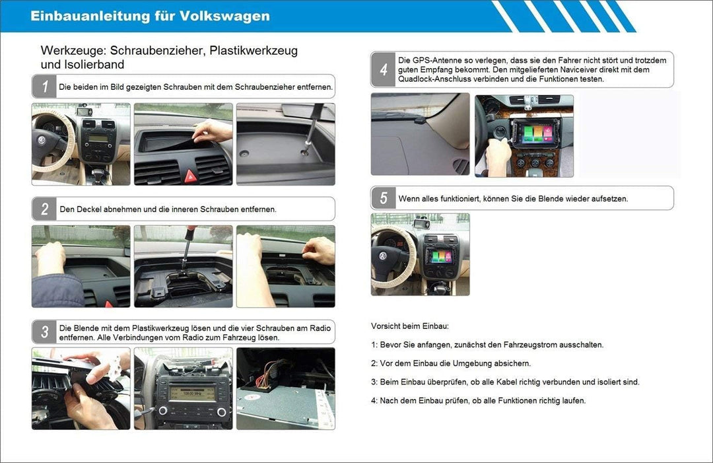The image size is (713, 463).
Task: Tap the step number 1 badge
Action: pyautogui.click(x=44, y=87)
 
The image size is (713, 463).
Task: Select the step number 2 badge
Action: pyautogui.click(x=44, y=209)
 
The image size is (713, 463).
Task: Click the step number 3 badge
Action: pyautogui.click(x=44, y=332)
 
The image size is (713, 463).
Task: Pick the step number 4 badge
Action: pyautogui.click(x=384, y=69)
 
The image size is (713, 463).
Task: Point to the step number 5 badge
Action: pyautogui.click(x=384, y=198)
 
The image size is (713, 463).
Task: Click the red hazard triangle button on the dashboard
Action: pyautogui.click(x=190, y=175)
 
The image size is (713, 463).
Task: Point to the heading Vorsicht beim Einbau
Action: pyautogui.click(x=409, y=326)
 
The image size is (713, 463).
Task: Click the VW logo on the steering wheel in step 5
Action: pyautogui.click(x=384, y=254)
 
